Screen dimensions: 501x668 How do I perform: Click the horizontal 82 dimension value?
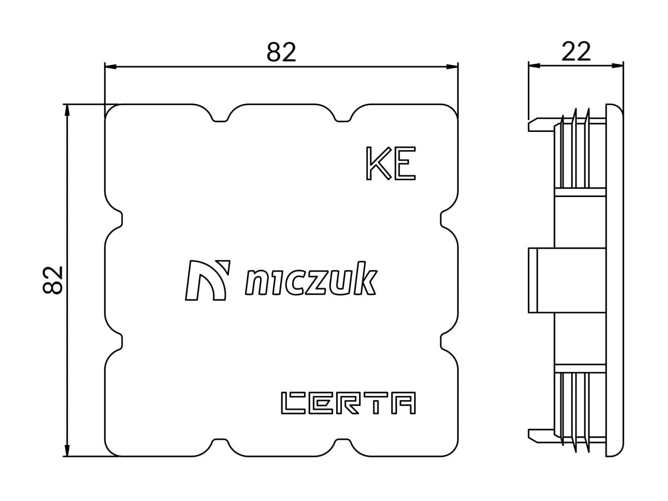coord(281,52)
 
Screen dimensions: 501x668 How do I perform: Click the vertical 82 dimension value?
coord(53,280)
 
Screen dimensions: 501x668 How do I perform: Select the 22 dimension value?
coord(576,52)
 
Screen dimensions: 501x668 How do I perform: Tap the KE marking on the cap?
coord(390,164)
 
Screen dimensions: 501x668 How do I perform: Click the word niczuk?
coord(311,281)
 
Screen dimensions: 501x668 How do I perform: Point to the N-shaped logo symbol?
coord(207,279)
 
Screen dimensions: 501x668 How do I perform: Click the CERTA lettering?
coord(348,403)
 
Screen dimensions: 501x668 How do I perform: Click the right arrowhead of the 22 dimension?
coord(618,66)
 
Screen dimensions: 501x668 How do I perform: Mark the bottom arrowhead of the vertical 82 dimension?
coord(67,451)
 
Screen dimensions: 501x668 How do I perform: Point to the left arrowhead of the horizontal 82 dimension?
coord(110,67)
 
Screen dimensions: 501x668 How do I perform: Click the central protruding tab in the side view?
coord(567,280)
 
